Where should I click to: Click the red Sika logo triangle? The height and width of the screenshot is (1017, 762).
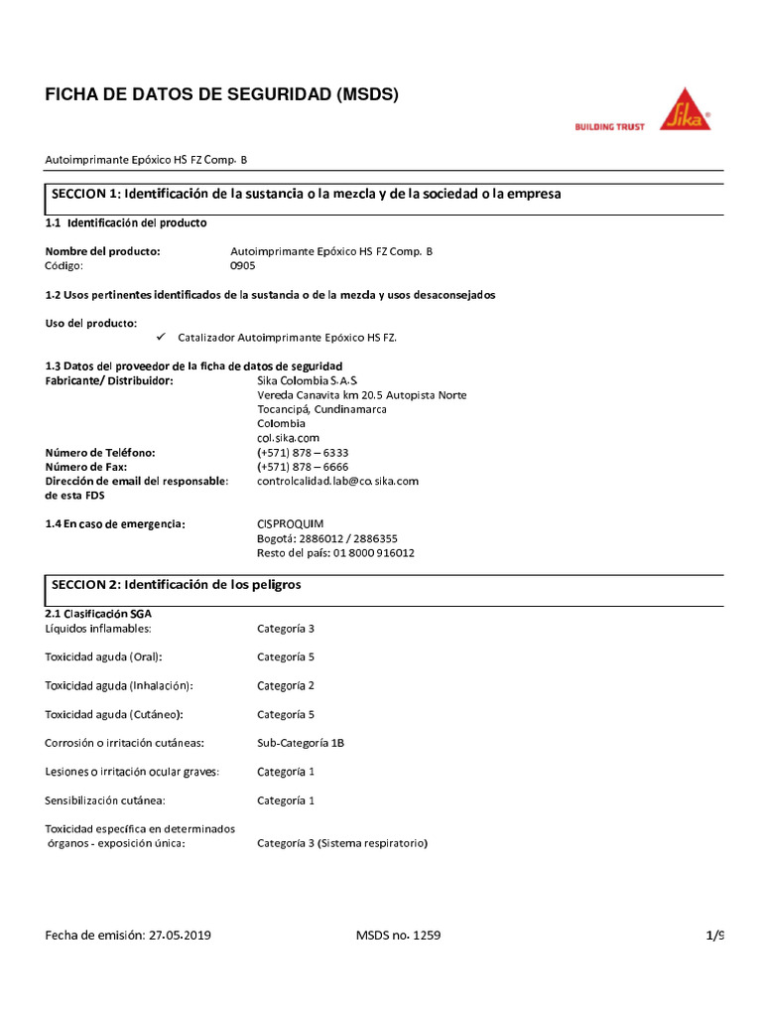tap(685, 112)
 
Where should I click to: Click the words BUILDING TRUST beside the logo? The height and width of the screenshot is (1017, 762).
tap(610, 127)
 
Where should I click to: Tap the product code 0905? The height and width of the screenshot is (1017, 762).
tap(243, 266)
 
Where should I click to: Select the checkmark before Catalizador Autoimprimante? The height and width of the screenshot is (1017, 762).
tap(161, 338)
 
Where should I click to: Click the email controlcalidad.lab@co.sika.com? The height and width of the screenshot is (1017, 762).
tap(337, 481)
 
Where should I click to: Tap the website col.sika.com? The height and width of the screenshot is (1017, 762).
tap(288, 438)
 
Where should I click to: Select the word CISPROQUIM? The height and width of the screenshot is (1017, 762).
tap(291, 523)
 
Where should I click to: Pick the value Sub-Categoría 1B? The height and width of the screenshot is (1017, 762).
tap(301, 743)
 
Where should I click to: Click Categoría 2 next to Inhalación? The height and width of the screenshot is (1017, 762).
tap(286, 685)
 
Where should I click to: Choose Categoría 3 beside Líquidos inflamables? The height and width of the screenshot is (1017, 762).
tap(286, 629)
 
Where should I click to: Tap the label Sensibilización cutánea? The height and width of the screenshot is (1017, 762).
tap(105, 800)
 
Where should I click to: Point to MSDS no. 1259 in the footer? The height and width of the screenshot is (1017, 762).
tap(398, 936)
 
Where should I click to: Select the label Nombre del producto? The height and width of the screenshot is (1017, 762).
tap(103, 252)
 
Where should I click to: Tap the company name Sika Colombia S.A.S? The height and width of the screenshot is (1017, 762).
tap(308, 381)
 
